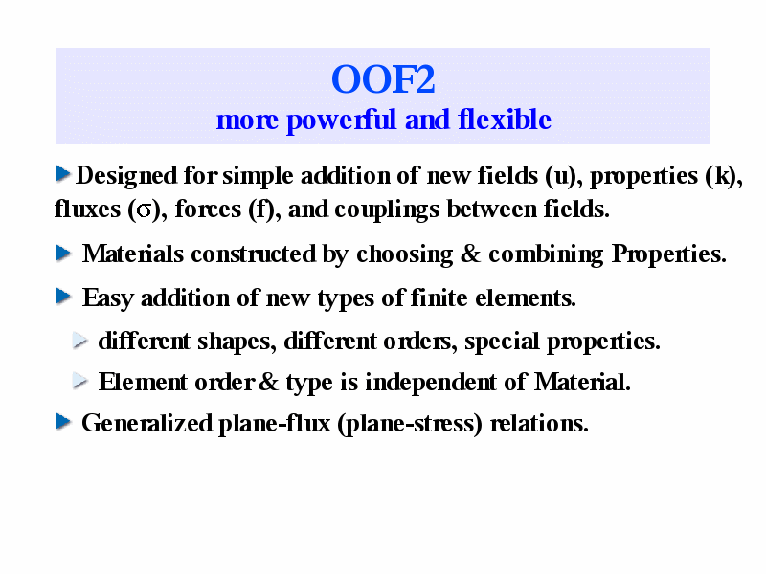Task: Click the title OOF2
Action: click(383, 79)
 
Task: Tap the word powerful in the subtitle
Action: click(341, 121)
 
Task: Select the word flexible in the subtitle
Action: click(505, 120)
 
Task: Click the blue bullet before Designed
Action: click(63, 174)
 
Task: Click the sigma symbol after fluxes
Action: click(145, 210)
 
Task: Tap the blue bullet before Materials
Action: click(63, 253)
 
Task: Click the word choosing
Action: click(404, 254)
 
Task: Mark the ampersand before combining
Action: click(470, 254)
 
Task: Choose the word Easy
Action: click(107, 298)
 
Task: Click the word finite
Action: click(439, 298)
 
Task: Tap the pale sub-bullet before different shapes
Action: click(80, 341)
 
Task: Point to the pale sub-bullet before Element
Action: click(80, 381)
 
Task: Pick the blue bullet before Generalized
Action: click(63, 422)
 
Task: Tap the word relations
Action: click(539, 423)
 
